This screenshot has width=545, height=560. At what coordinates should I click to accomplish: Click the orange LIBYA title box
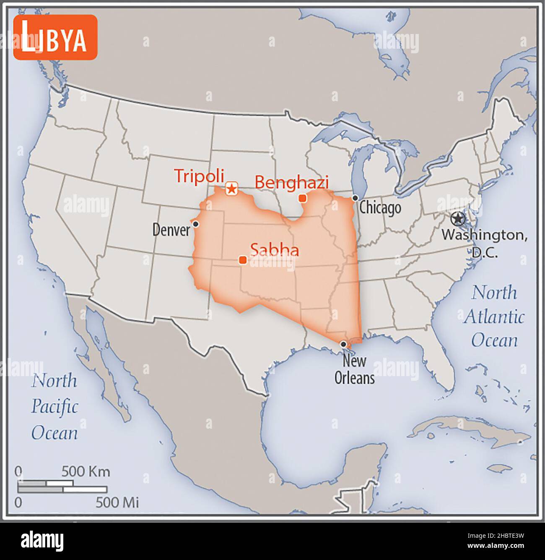[x=55, y=37]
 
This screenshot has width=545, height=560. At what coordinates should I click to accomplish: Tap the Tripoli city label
[x=199, y=176]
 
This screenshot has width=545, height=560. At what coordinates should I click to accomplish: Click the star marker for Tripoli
[x=231, y=188]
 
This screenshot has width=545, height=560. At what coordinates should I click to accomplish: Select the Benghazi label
[x=292, y=183]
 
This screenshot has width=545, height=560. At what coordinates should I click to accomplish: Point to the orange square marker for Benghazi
[x=302, y=198]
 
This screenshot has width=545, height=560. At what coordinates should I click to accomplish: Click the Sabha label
[x=275, y=250]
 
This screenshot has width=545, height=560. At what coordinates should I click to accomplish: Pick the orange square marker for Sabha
[x=242, y=260]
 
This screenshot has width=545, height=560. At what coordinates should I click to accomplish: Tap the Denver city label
[x=171, y=230]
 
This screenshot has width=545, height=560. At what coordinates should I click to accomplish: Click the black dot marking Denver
[x=195, y=224]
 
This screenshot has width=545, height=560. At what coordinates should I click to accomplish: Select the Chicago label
[x=380, y=208]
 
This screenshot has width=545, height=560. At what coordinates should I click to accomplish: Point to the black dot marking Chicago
[x=355, y=198]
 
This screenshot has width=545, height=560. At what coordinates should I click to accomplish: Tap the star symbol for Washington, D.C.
[x=458, y=219]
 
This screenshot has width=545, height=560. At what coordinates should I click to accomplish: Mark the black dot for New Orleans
[x=343, y=344]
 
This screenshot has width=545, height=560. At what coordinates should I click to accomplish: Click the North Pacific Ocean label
[x=54, y=407]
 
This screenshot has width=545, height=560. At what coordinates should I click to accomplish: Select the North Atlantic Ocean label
[x=494, y=316]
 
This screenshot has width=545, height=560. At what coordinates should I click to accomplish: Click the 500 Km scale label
[x=86, y=471]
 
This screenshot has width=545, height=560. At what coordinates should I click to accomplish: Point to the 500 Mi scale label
[x=117, y=502]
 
